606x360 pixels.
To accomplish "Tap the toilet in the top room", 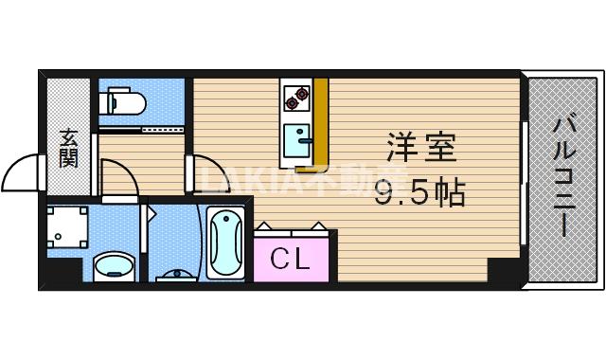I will [119, 99].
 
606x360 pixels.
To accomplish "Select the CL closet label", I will [291, 258].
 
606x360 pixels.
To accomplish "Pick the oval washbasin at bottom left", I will [112, 266].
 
